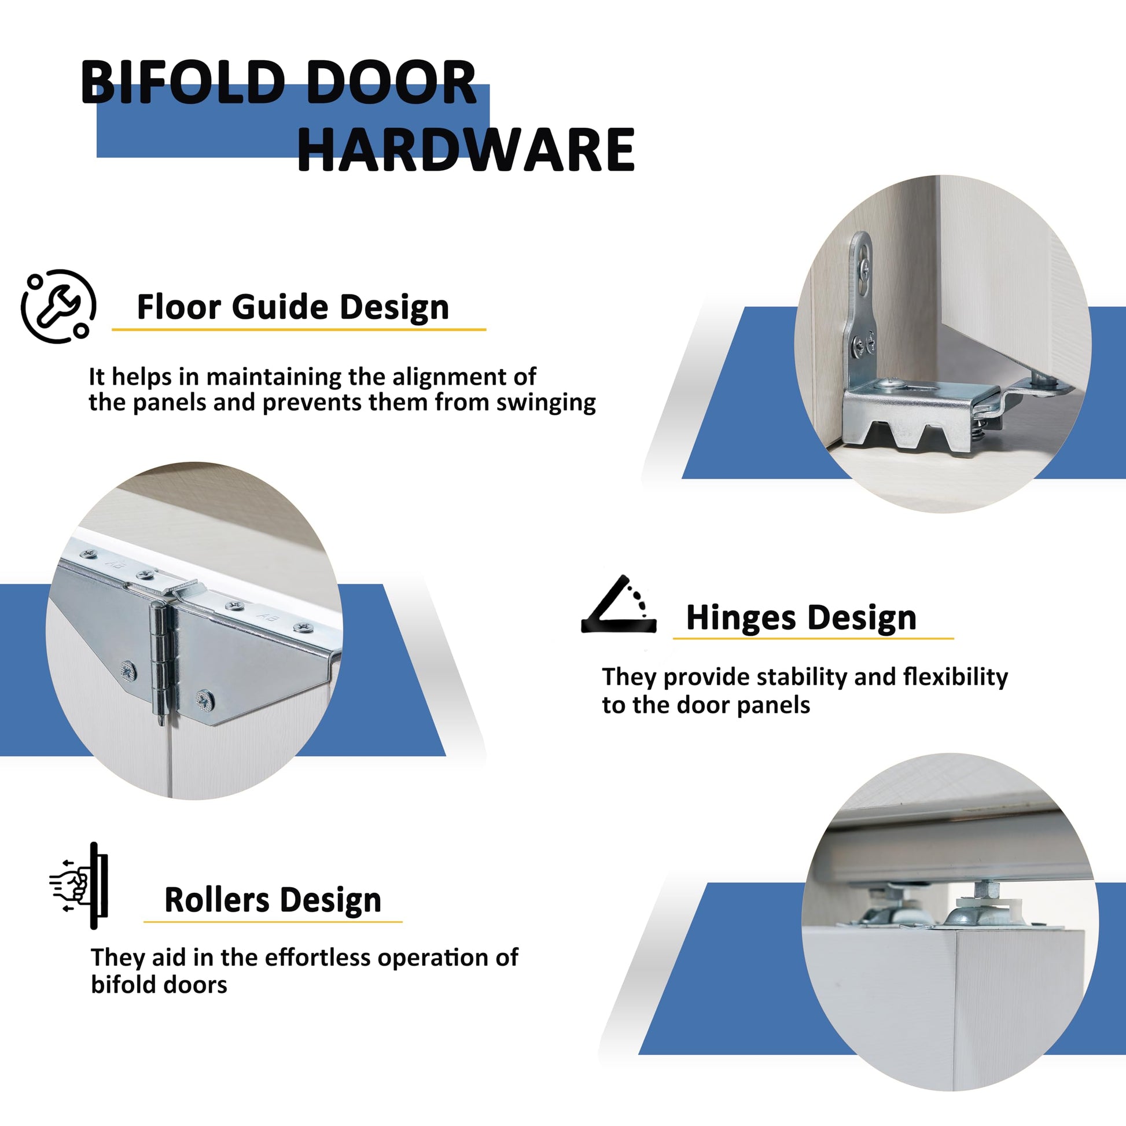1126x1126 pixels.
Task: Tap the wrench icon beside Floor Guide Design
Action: pos(58,306)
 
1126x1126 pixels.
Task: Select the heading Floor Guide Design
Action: pos(293,307)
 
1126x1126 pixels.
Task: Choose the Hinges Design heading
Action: pos(801,618)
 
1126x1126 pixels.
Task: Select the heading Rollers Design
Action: pos(273,900)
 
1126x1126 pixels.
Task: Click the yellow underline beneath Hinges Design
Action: pos(813,638)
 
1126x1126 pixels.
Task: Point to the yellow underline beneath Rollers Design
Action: pos(273,921)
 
